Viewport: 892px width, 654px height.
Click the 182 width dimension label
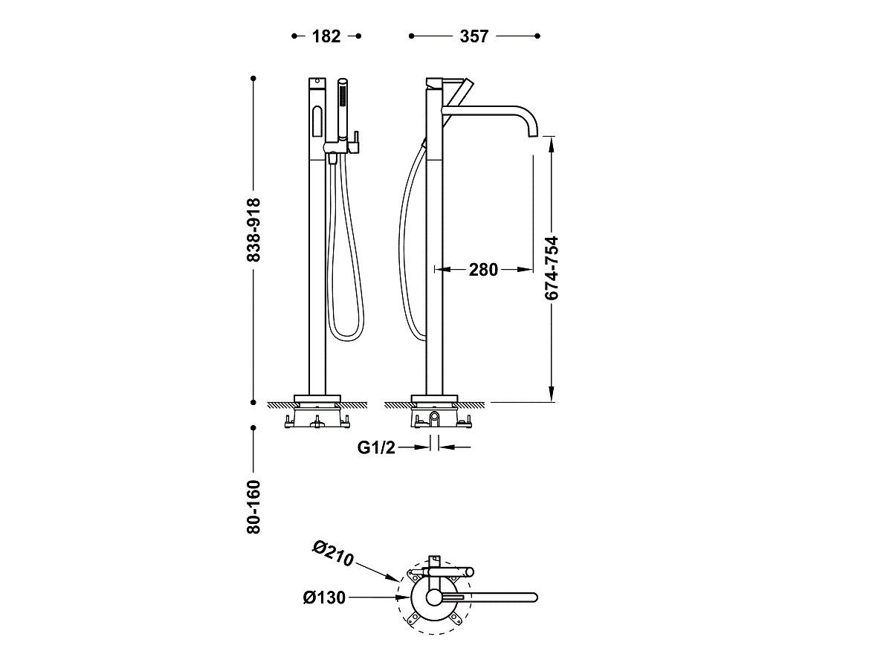tap(326, 36)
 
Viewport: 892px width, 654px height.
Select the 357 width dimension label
tap(474, 36)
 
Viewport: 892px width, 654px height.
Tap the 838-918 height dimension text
tap(253, 230)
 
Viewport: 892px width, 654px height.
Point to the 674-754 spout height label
tap(552, 268)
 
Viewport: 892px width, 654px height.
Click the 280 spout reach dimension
tap(483, 270)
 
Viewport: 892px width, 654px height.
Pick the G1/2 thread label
tap(376, 447)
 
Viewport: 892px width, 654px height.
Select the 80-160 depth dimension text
tap(253, 507)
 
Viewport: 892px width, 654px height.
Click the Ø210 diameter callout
tap(332, 553)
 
